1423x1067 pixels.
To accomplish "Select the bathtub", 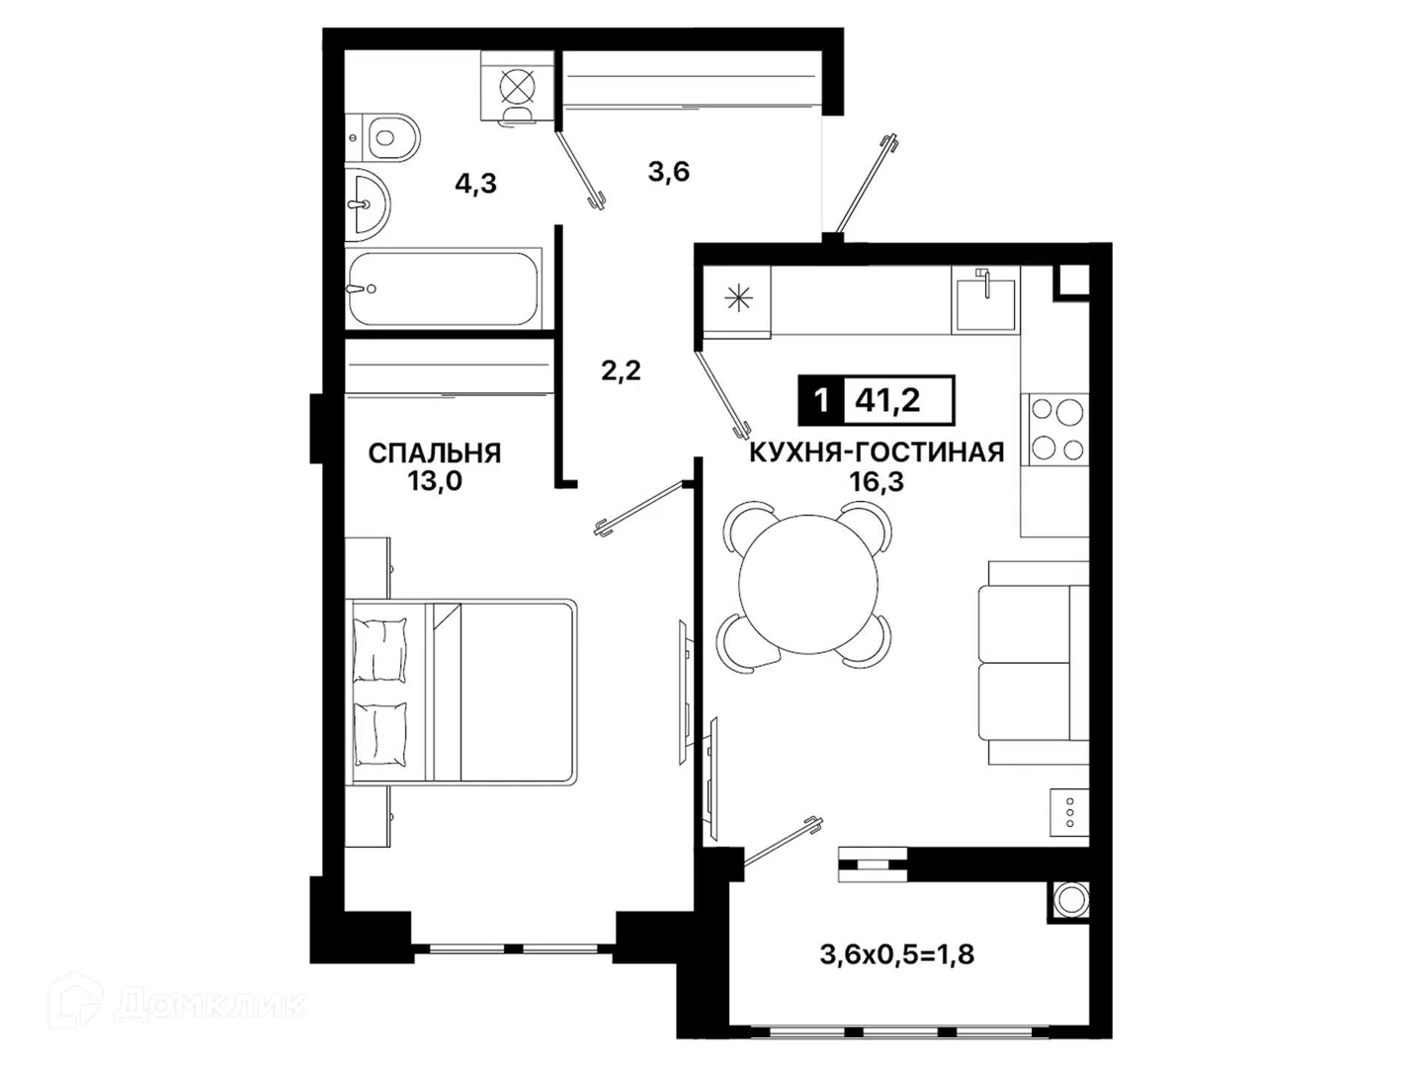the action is point(443,288).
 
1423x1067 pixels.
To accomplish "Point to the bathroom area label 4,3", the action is point(476,184).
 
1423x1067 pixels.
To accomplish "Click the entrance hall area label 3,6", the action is point(668,172).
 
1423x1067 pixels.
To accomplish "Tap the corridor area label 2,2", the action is point(621,370).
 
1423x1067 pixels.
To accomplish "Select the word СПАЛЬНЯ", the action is point(435,452).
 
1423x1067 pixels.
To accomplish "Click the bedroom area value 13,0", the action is point(435,481).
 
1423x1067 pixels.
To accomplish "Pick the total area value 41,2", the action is point(886,400).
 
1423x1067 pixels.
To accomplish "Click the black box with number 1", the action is point(821,400).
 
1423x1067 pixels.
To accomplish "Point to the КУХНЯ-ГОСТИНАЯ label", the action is point(877,452).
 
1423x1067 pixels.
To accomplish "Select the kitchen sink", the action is point(985,299).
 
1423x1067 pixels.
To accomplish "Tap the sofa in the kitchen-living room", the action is point(1034,662).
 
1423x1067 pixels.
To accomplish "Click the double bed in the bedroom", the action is point(462,693).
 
